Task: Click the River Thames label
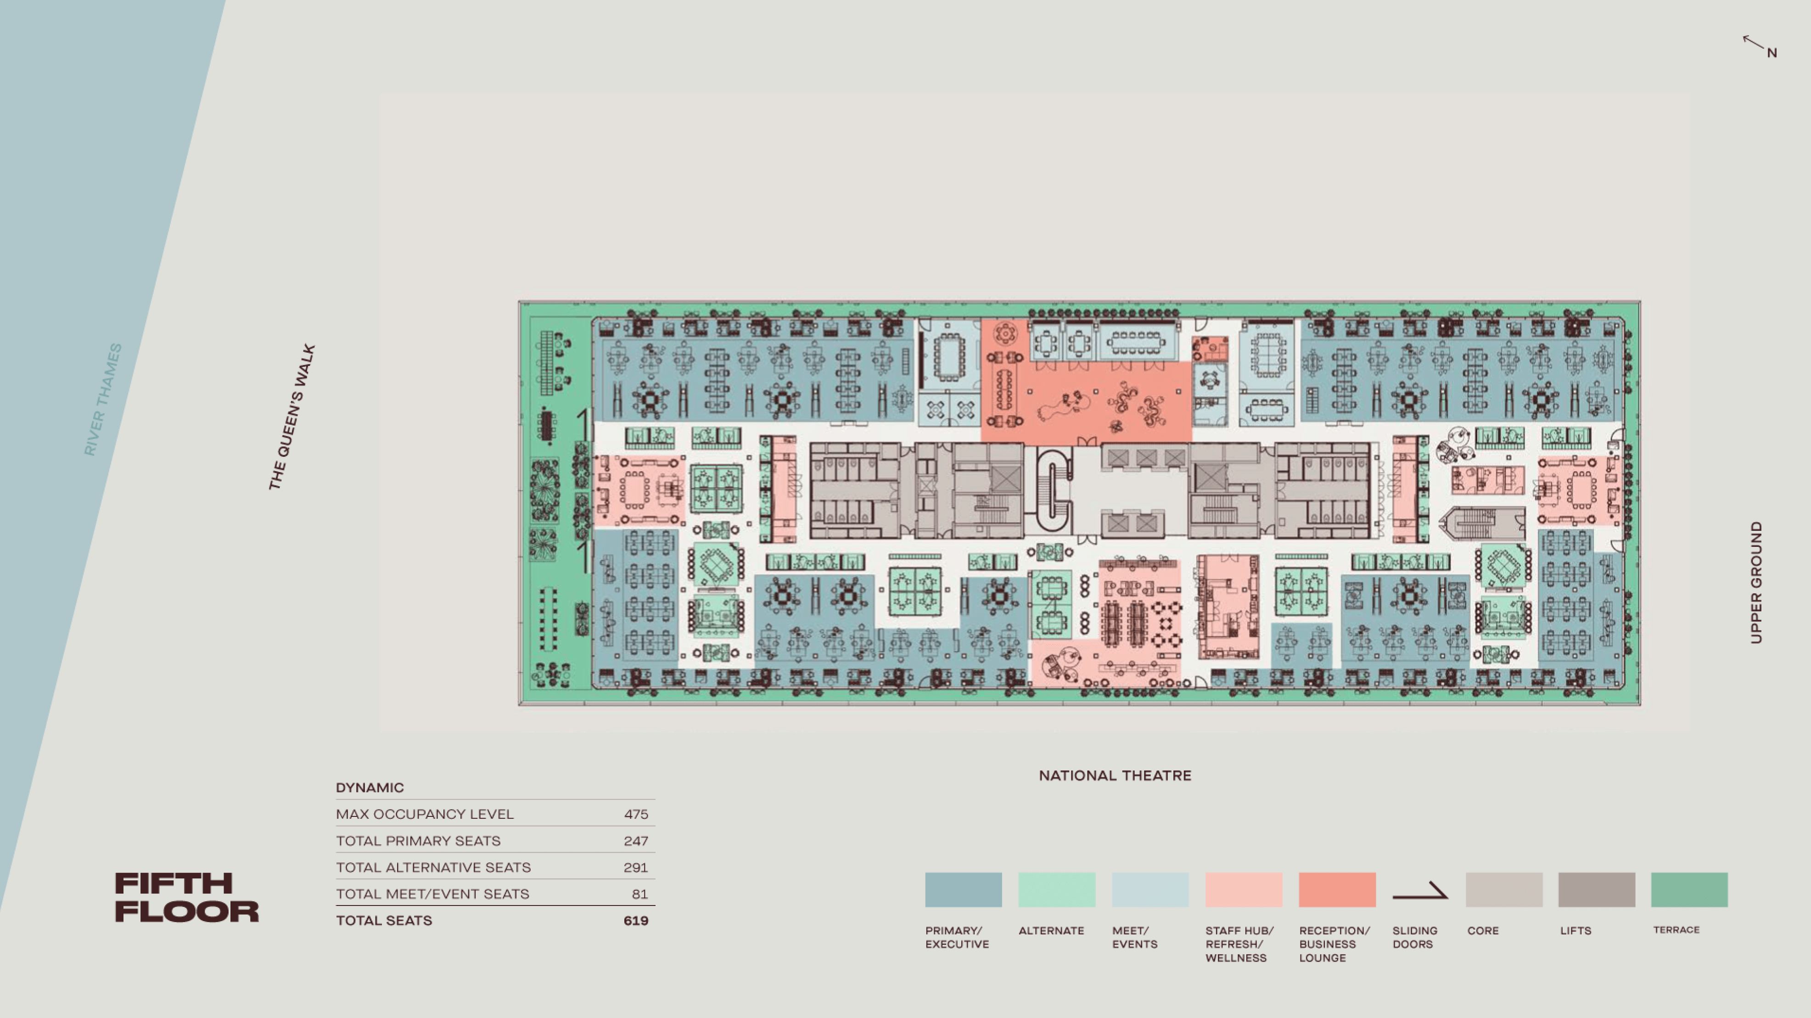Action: (x=103, y=399)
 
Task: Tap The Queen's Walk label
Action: (x=292, y=417)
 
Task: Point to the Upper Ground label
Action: (x=1756, y=582)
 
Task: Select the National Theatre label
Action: (x=1115, y=776)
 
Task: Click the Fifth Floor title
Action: (x=187, y=897)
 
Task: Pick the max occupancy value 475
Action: (x=636, y=814)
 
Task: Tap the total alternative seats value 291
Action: (x=635, y=867)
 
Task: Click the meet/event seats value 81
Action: (x=640, y=894)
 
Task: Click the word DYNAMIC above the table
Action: (x=370, y=787)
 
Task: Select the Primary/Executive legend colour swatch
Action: (x=963, y=890)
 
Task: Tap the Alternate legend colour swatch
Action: (x=1057, y=890)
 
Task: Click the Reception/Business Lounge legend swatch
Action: (x=1337, y=890)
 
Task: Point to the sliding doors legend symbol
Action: (x=1420, y=891)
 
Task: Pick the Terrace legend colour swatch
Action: (x=1689, y=890)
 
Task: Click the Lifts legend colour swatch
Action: (x=1597, y=890)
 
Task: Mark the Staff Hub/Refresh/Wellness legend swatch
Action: (x=1244, y=890)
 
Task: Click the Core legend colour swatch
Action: (x=1504, y=890)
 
